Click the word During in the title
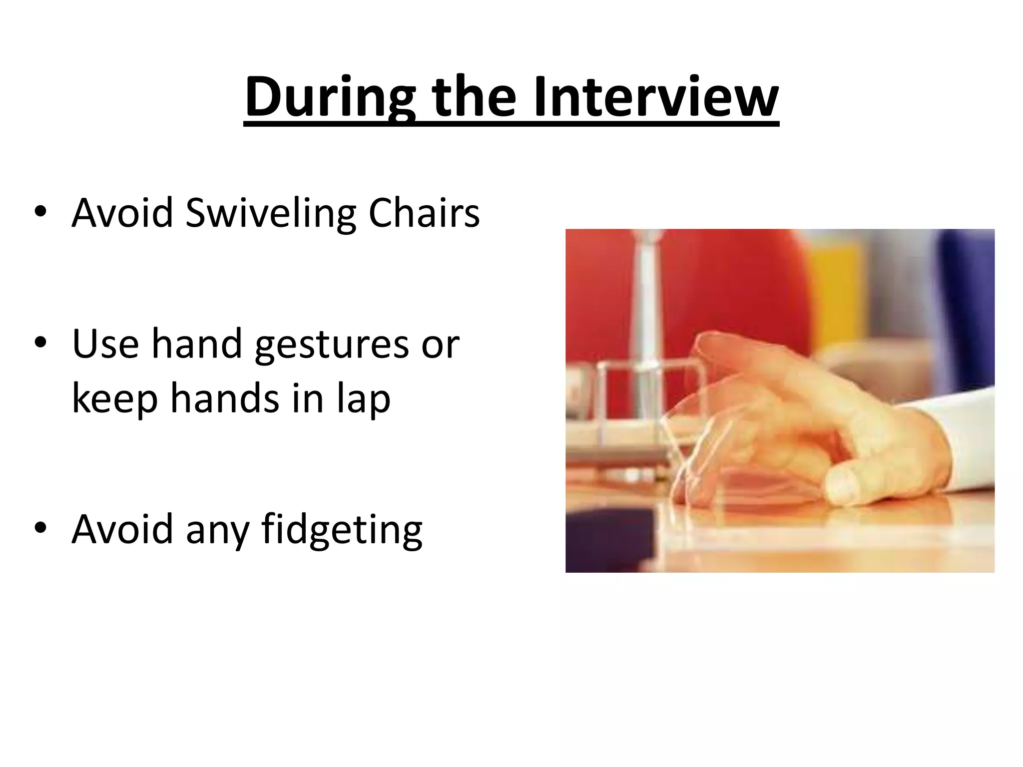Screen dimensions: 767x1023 (x=330, y=98)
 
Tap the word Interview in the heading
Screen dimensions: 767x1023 (x=655, y=98)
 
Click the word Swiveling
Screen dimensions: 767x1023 (x=270, y=214)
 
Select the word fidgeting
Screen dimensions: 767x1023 (x=342, y=530)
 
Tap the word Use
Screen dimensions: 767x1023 (x=105, y=345)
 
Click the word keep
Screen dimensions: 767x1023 (x=115, y=399)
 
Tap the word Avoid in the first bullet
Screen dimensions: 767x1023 (x=122, y=214)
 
